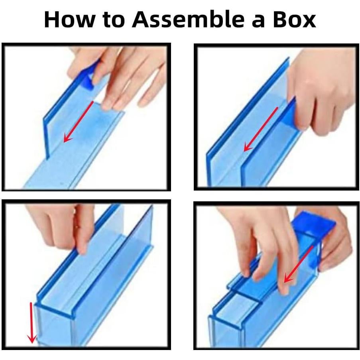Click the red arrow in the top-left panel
[79, 121]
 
